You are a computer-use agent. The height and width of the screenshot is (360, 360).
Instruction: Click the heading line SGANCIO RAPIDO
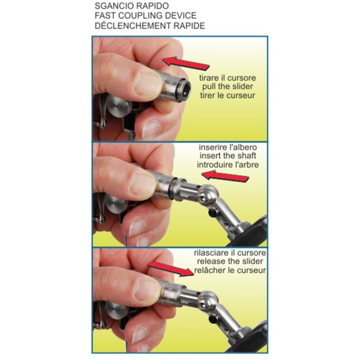point(131,6)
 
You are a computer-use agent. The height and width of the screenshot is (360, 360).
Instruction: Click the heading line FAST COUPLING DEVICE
point(146,16)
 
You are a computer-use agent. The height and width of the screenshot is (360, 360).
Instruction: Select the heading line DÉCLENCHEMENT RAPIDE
point(149,25)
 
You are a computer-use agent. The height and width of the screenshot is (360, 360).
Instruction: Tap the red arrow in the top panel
point(186,63)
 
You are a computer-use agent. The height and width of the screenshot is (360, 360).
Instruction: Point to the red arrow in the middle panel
point(225,176)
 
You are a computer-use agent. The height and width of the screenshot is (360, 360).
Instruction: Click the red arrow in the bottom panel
point(171,269)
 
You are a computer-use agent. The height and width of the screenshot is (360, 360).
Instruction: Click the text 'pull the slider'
point(227,86)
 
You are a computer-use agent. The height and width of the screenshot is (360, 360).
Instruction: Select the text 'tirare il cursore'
point(227,78)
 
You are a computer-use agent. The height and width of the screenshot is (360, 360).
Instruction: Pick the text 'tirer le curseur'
point(227,95)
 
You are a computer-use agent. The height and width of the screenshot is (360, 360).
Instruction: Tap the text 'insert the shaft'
point(228,155)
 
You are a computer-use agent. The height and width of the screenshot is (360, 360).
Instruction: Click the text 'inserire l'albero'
point(228,147)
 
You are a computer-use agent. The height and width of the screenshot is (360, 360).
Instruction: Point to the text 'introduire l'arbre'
point(228,164)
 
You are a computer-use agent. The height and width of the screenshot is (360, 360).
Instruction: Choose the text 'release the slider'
point(230,261)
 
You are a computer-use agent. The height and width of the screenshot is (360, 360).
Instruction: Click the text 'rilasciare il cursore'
point(230,253)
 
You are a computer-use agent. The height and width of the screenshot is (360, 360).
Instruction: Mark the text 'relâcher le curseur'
point(230,270)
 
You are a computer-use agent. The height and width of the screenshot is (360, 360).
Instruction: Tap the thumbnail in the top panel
point(148,83)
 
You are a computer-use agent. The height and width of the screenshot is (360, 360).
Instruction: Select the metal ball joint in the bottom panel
point(208,301)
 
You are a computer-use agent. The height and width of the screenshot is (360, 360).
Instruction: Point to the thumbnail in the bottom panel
point(147,290)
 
